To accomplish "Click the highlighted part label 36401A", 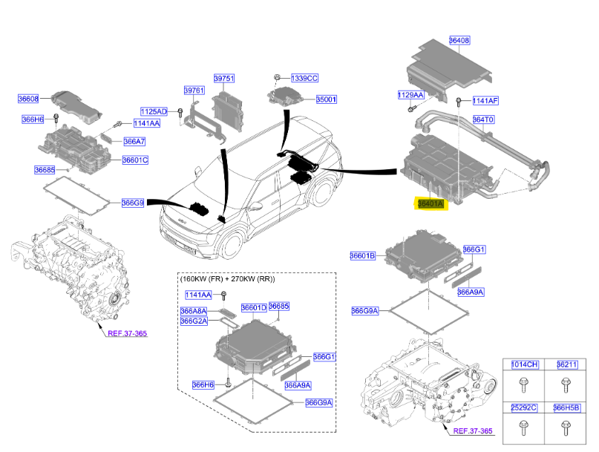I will click(x=430, y=203).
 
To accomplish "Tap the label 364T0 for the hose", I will click(x=484, y=118).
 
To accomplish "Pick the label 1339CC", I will click(x=304, y=77).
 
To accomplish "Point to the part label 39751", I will click(x=224, y=78).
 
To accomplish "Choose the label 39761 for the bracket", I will click(x=194, y=90).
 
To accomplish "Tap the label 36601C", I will click(x=135, y=160).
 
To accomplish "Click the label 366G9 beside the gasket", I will click(x=132, y=202).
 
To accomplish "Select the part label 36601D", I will click(x=253, y=307).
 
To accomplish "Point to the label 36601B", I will click(x=363, y=256).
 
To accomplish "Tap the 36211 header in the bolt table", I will click(x=566, y=364).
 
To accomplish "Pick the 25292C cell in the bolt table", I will click(x=524, y=407).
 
